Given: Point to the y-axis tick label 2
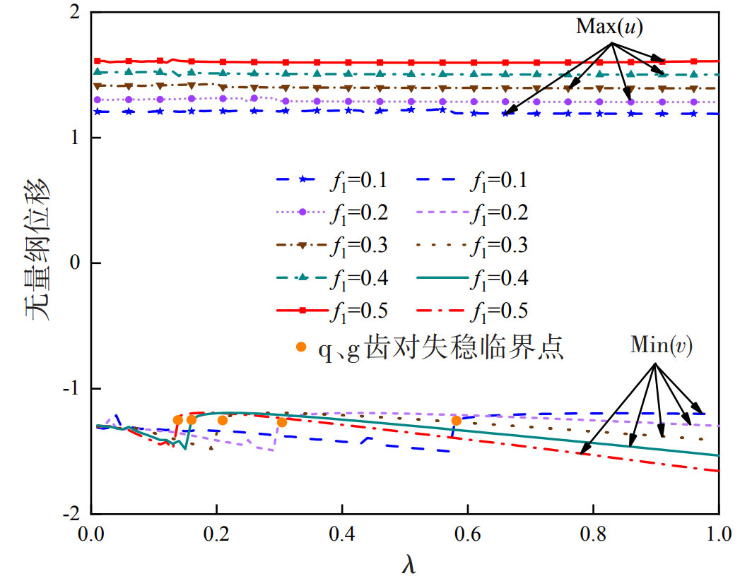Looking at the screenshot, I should coord(76,13).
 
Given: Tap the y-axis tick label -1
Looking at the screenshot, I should coord(73,388).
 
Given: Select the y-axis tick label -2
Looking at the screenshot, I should coord(73,513).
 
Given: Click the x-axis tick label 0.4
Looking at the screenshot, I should coord(341,531).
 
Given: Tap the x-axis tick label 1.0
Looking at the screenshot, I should coord(717,531).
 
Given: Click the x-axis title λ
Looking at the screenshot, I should coord(406,565).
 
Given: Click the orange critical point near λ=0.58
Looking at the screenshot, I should coord(457,421).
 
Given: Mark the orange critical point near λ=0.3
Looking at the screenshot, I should coord(282,422).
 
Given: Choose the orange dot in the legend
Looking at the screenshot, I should coord(301,346).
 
